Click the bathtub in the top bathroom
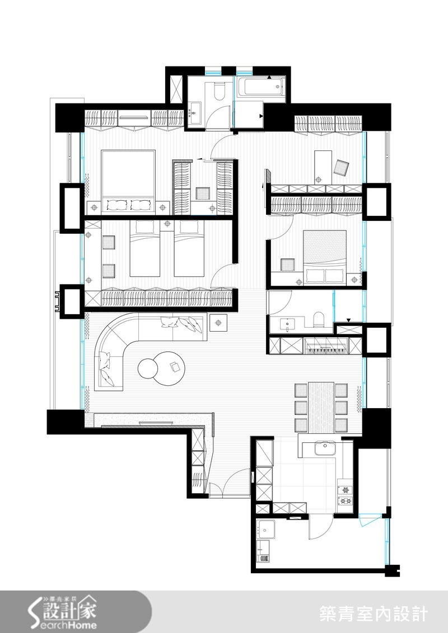click(x=260, y=88)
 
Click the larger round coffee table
click(x=169, y=368)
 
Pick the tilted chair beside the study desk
click(x=341, y=167)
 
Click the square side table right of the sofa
click(x=218, y=322)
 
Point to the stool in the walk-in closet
click(x=202, y=193)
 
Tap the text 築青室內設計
click(x=374, y=613)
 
